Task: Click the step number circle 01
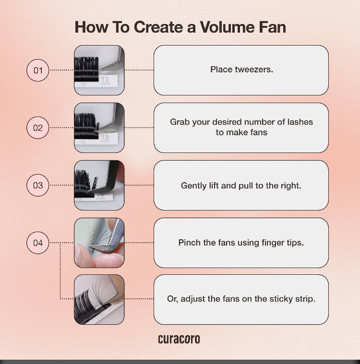[x=37, y=70]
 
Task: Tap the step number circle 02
[x=37, y=128]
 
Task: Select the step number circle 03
[x=37, y=185]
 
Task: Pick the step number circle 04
[x=37, y=243]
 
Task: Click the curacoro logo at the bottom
[x=179, y=339]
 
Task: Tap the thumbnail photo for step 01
[x=99, y=70]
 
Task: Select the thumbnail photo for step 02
[x=99, y=128]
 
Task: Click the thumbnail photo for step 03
[x=99, y=185]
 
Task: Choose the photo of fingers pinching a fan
[x=99, y=243]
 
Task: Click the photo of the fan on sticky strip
[x=99, y=299]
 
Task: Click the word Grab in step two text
[x=180, y=122]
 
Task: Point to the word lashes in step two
[x=300, y=122]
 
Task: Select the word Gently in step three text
[x=194, y=185]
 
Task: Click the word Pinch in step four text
[x=189, y=243]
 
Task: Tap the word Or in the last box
[x=172, y=299]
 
